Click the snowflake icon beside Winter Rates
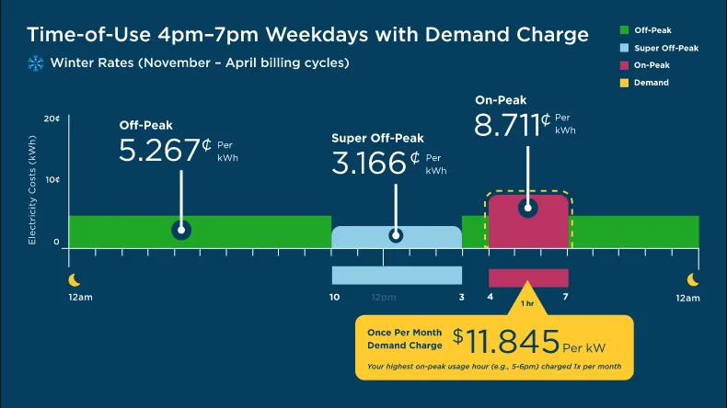[37, 63]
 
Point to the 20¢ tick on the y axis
[52, 119]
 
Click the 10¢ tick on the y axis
[52, 180]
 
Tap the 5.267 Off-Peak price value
[159, 150]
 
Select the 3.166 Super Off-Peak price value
[369, 164]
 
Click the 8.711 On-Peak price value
[506, 124]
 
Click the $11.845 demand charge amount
[513, 342]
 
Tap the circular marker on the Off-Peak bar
[181, 230]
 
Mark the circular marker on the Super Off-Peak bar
[396, 235]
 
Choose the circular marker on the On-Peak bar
[527, 208]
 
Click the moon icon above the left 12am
[75, 280]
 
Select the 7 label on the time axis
[566, 298]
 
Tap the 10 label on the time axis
[334, 298]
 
